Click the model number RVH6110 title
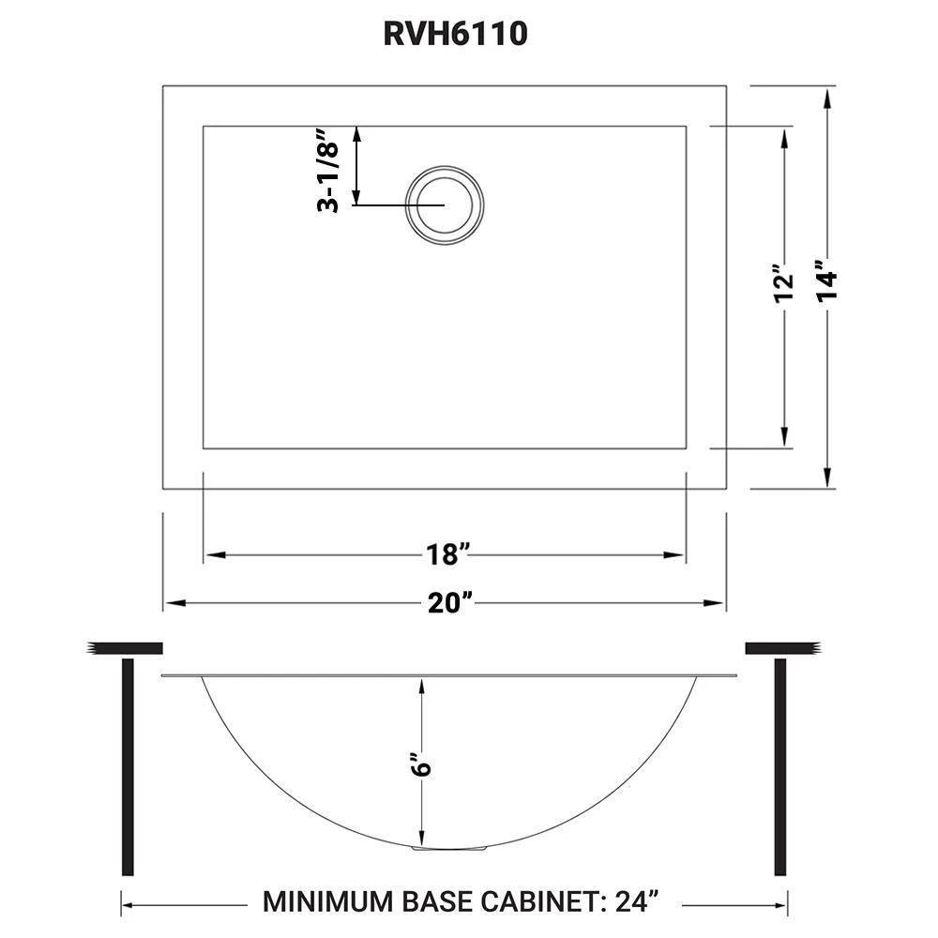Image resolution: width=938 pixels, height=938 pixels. click(x=455, y=34)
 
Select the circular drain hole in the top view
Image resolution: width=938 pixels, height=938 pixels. click(x=444, y=204)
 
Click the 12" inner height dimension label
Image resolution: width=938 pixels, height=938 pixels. click(x=784, y=283)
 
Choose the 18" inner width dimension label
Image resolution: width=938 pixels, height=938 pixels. click(x=446, y=554)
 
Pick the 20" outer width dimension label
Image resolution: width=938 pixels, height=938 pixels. click(x=450, y=602)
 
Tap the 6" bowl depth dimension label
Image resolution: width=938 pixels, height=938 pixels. click(x=422, y=761)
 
